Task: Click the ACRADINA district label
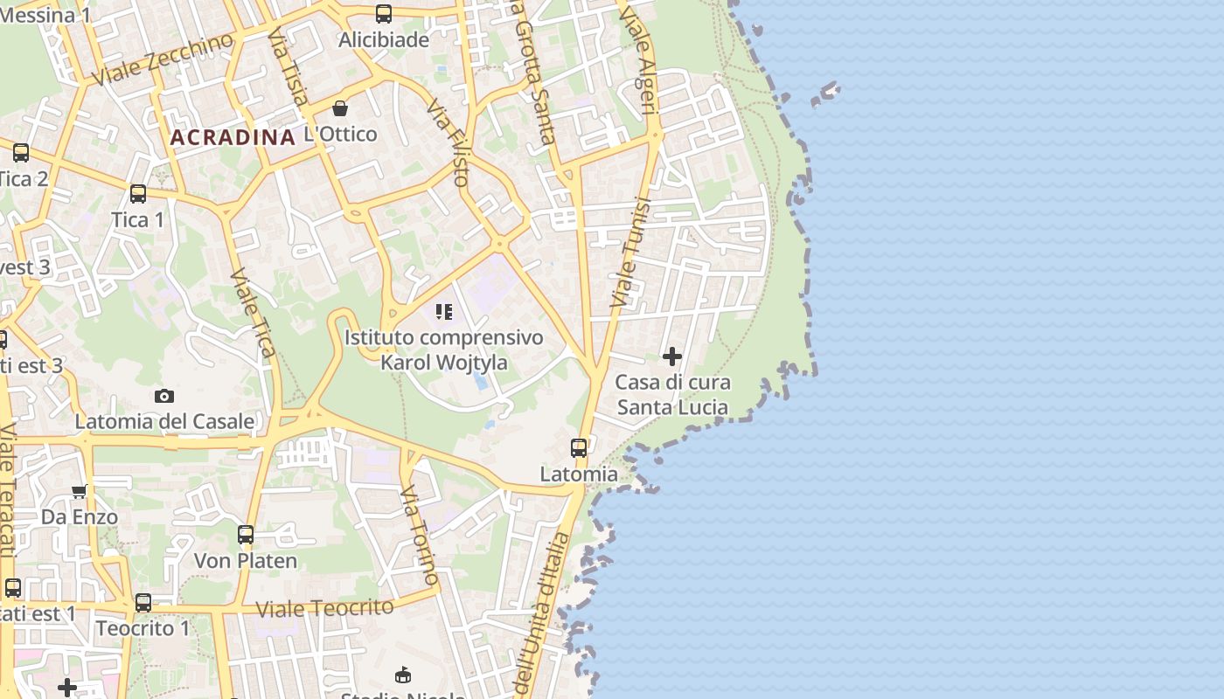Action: [x=233, y=137]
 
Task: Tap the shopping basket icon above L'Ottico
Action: [x=340, y=108]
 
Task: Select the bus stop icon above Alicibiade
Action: [x=384, y=13]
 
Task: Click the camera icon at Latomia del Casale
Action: [x=164, y=396]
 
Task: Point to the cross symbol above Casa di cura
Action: [x=672, y=356]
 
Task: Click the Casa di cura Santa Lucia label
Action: [x=672, y=394]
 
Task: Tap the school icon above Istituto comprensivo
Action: [x=444, y=312]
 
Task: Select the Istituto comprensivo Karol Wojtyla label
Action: [x=443, y=349]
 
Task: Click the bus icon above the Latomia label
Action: [x=579, y=447]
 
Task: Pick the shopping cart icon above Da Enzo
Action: [x=80, y=491]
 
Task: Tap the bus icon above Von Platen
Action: [x=246, y=534]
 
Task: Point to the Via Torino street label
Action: [x=421, y=537]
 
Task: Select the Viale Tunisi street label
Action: [x=631, y=253]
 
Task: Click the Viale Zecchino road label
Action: [x=163, y=59]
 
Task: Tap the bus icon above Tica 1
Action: [x=138, y=193]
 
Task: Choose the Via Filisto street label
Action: [x=449, y=142]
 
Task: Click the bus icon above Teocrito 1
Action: [x=143, y=602]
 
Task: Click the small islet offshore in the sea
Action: [x=825, y=93]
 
